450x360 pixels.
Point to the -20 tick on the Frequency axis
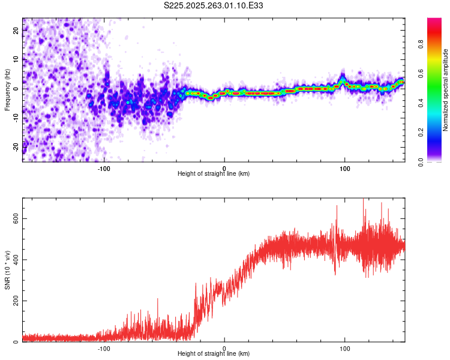[16, 146]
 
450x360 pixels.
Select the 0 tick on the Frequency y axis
[16, 88]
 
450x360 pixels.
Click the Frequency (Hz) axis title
[7, 90]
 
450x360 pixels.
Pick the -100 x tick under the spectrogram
[104, 167]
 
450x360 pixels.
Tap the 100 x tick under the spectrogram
[345, 167]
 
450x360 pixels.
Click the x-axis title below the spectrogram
[214, 174]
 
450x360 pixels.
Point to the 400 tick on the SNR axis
[16, 260]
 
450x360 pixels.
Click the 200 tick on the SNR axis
[16, 301]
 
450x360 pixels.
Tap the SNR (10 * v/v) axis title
[7, 269]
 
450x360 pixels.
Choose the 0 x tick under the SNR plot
[224, 347]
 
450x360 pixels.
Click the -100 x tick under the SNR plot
[104, 347]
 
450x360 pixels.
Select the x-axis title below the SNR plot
[214, 354]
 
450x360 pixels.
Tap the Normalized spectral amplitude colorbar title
[446, 90]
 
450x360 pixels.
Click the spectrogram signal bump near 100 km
[342, 79]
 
